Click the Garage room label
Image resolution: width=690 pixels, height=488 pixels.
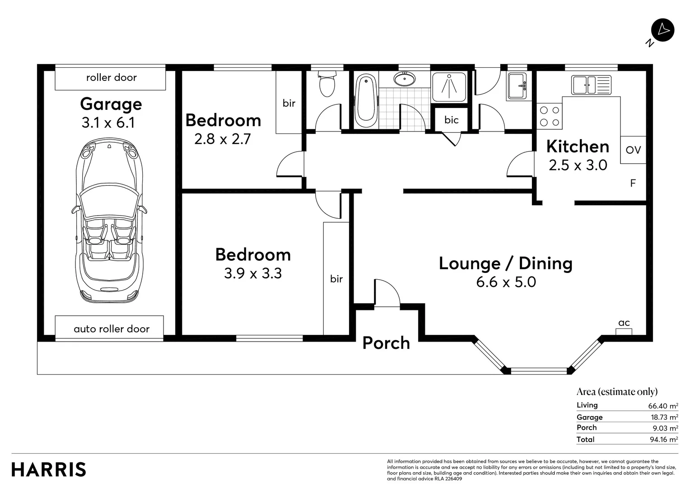point(111,104)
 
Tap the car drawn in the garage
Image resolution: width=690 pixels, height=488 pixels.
point(109,221)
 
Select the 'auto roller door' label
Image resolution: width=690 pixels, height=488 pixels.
point(112,329)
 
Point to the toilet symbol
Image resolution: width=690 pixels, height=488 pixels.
point(327,83)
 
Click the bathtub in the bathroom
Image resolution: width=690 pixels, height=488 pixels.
point(366,101)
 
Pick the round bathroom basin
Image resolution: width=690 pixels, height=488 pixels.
point(404,79)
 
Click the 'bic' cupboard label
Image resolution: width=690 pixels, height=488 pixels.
point(451,120)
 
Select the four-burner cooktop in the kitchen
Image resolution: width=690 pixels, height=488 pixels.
point(550,116)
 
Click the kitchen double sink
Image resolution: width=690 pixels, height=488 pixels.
point(591,85)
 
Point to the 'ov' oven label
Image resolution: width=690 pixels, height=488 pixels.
point(633,150)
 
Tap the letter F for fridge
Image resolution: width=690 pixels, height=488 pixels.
point(633,183)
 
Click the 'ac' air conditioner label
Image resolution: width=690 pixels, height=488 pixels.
point(624,323)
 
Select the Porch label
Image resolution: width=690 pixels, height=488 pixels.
point(386,343)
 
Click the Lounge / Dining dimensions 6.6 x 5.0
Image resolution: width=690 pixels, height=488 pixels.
point(506,282)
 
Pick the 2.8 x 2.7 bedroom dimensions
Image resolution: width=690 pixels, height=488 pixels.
point(223,139)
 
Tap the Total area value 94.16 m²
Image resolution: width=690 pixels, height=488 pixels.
point(664,440)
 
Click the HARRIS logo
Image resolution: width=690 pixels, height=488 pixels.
point(49,469)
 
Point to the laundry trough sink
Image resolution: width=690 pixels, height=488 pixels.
point(517,86)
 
